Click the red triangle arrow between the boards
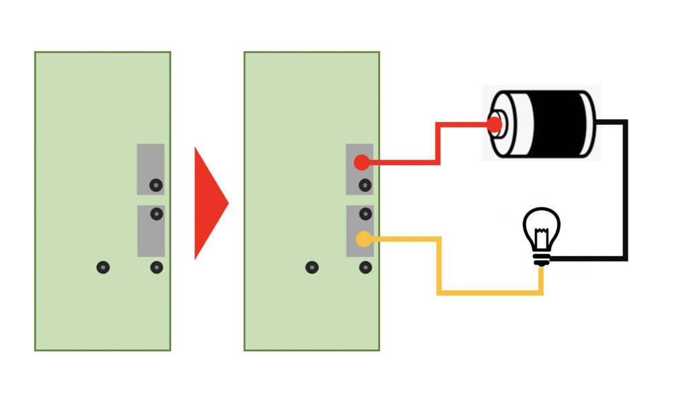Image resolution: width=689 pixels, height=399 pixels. [x=209, y=202]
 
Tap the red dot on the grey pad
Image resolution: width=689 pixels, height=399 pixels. [x=361, y=162]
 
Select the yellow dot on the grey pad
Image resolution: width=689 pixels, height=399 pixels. [x=364, y=239]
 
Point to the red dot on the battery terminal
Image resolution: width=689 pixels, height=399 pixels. [x=495, y=125]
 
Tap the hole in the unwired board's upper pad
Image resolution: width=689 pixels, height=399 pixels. [x=156, y=185]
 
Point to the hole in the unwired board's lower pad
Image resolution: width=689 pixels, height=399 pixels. [x=156, y=214]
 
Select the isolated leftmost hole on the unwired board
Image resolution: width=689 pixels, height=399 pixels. [x=102, y=268]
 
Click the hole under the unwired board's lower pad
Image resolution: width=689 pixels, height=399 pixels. [x=156, y=268]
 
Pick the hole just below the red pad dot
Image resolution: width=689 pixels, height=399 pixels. [x=365, y=185]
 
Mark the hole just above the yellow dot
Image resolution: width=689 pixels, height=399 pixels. [x=365, y=214]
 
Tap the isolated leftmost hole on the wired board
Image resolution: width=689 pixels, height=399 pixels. [x=312, y=268]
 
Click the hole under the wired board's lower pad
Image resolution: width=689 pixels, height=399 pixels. [x=365, y=268]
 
